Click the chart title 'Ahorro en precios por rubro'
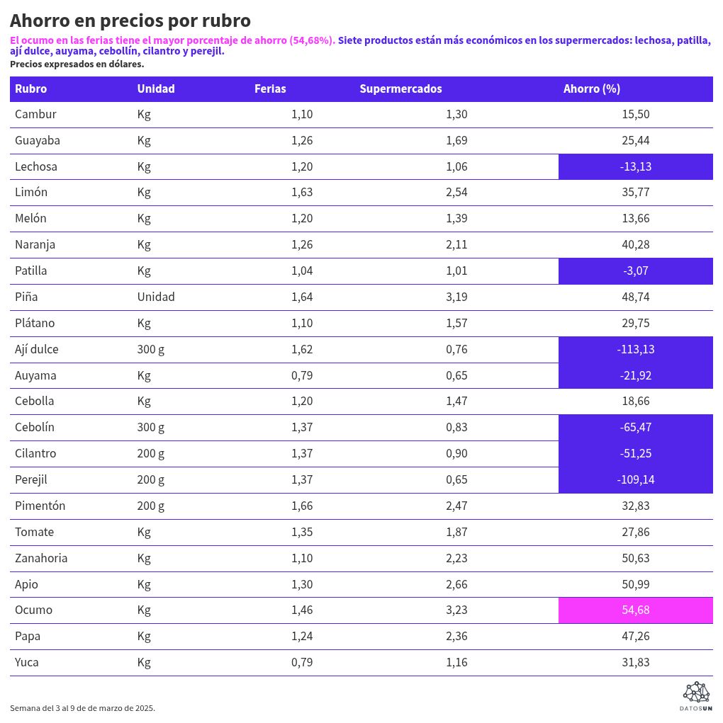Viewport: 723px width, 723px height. (x=130, y=21)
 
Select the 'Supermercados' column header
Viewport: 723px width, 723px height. (x=400, y=89)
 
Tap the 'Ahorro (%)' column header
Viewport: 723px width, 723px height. (x=591, y=89)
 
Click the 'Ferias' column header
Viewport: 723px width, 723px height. (x=270, y=89)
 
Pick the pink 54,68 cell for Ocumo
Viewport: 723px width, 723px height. (x=635, y=610)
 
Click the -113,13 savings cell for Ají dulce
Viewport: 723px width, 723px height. (x=635, y=349)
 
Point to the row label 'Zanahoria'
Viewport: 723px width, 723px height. (x=41, y=558)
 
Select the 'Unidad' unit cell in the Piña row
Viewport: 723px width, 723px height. (x=156, y=297)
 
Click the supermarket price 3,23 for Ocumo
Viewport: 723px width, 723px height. (x=456, y=610)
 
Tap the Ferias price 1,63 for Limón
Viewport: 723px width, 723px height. (x=302, y=192)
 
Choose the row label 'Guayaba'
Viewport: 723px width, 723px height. (x=38, y=140)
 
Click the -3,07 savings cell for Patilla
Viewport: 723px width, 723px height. (x=635, y=271)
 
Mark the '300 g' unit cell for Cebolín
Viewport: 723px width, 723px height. (x=151, y=427)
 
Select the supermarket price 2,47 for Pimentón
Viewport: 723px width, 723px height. (x=456, y=506)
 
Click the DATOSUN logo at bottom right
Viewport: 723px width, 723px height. (x=695, y=696)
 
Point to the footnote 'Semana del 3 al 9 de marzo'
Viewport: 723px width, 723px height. (x=82, y=708)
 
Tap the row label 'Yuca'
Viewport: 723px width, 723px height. (x=27, y=662)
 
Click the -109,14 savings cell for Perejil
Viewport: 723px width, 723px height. (x=635, y=479)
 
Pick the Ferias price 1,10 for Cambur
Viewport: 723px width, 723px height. (x=302, y=114)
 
